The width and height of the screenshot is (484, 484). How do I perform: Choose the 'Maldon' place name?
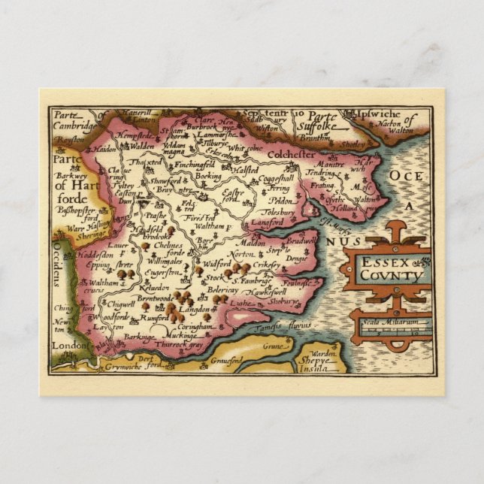[x=251, y=244]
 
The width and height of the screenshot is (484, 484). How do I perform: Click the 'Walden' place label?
[x=137, y=147]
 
